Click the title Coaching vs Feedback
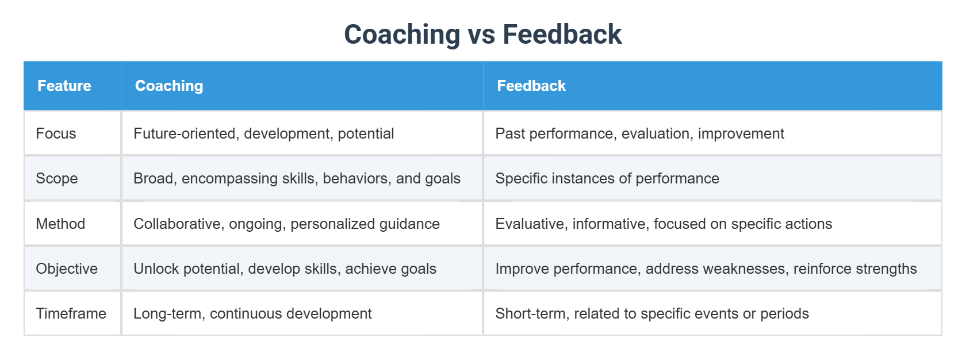click(482, 34)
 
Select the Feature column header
click(64, 86)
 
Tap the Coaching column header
click(169, 86)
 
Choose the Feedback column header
click(531, 86)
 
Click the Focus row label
click(56, 133)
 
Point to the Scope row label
click(56, 178)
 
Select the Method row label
click(60, 224)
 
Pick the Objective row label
click(67, 269)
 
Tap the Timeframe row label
click(71, 313)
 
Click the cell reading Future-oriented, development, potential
click(263, 133)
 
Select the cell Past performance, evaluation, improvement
click(639, 133)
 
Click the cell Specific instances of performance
click(607, 178)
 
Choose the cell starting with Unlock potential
click(285, 269)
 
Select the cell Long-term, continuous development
click(252, 313)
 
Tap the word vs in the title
click(481, 35)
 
